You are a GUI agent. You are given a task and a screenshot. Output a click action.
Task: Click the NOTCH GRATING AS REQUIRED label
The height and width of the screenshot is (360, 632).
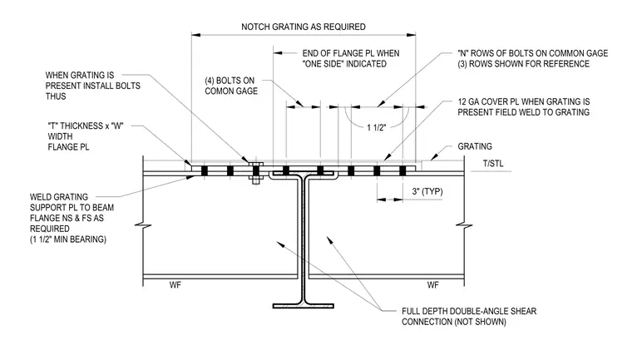303,27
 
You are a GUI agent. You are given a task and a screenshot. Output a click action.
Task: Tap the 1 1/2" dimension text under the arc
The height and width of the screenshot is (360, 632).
376,128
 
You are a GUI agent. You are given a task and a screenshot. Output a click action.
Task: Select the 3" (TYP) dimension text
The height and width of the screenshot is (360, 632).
427,191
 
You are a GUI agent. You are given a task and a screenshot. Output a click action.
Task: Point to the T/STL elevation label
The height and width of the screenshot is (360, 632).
493,164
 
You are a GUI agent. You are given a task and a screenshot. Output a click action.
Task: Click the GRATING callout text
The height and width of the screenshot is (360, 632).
475,146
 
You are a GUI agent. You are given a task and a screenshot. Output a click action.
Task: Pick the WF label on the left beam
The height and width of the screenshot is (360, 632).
175,285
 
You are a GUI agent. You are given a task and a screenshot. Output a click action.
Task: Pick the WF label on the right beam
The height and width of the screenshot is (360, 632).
433,285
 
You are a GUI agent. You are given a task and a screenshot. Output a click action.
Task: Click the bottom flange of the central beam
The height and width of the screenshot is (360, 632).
303,306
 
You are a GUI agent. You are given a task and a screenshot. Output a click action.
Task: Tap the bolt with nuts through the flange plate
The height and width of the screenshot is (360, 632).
255,173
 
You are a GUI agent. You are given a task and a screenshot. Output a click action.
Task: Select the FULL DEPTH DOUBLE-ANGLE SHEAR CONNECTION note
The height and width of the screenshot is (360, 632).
469,317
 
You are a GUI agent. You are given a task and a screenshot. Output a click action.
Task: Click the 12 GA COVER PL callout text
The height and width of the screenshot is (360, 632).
524,106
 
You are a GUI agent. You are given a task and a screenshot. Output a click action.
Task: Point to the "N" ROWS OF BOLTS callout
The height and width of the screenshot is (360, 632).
532,58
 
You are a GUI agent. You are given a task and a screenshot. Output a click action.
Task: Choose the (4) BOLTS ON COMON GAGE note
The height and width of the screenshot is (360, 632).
231,86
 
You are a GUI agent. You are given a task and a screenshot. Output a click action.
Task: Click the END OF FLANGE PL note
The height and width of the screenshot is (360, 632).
351,58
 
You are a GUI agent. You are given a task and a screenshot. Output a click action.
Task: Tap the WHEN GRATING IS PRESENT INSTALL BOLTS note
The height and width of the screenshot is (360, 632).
92,86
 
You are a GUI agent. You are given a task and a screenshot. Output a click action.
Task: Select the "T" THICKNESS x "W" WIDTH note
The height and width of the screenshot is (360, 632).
86,136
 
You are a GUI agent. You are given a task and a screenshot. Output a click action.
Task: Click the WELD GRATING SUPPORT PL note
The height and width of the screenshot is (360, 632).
72,218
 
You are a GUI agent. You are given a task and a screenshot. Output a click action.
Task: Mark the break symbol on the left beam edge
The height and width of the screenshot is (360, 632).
143,226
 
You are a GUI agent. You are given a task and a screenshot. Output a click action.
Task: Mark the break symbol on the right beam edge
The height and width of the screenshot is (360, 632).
464,226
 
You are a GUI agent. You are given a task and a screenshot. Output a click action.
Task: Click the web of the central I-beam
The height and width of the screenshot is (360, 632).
303,238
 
